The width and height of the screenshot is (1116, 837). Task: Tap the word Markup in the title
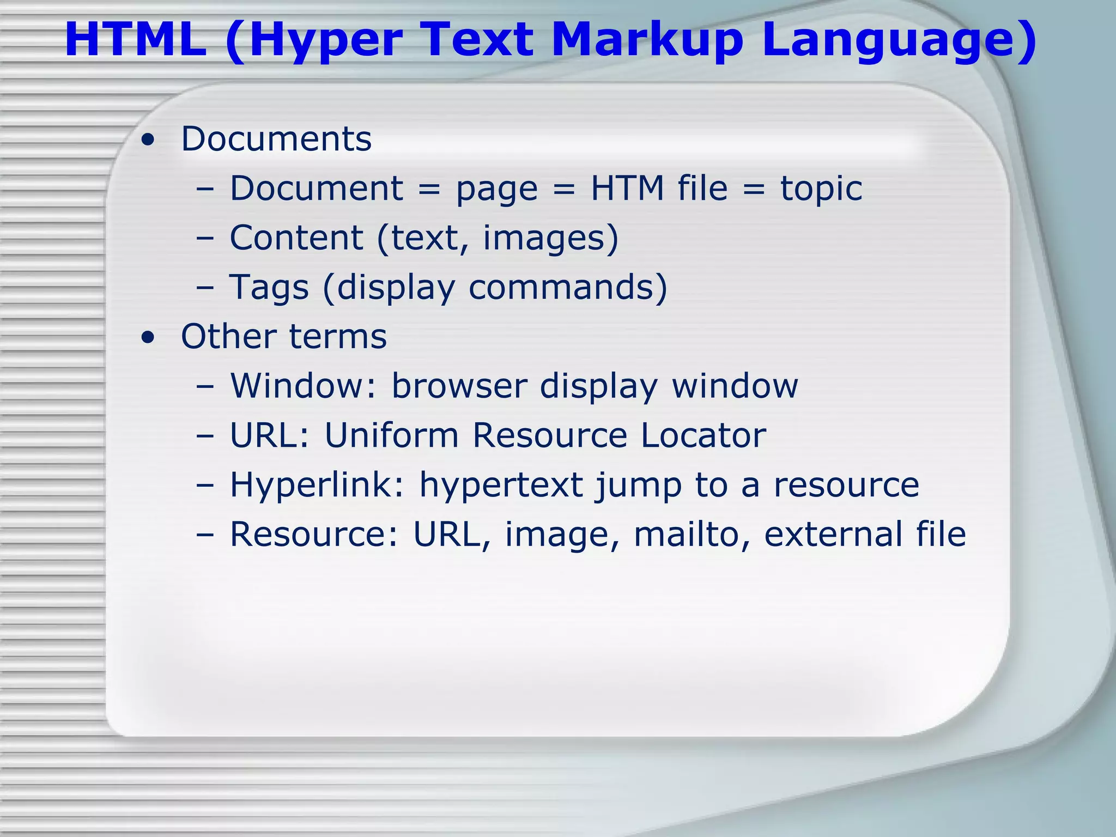pyautogui.click(x=647, y=40)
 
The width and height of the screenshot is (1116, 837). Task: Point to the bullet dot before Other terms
pyautogui.click(x=147, y=338)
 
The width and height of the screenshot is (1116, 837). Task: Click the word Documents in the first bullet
pyautogui.click(x=276, y=139)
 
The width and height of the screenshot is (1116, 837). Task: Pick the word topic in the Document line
pyautogui.click(x=821, y=189)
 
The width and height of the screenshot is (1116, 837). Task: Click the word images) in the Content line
pyautogui.click(x=551, y=239)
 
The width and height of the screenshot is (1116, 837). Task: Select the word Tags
pyautogui.click(x=269, y=288)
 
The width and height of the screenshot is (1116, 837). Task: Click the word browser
pyautogui.click(x=459, y=386)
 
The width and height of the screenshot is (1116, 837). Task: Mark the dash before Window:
pyautogui.click(x=205, y=387)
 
